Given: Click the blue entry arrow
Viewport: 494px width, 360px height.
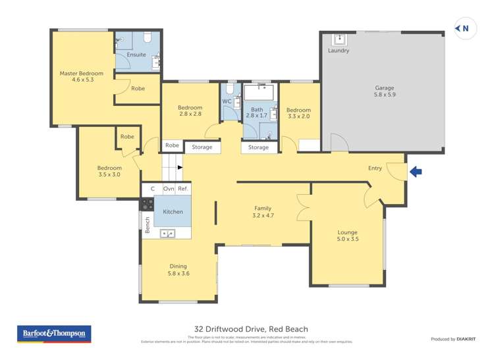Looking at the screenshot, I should (416, 172).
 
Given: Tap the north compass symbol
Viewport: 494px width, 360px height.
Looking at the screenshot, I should (464, 28).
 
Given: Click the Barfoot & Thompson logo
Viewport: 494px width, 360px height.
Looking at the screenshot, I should (54, 334).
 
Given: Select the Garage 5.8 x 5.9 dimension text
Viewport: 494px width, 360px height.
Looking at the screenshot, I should (385, 95).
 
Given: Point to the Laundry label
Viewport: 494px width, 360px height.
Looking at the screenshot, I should (339, 51).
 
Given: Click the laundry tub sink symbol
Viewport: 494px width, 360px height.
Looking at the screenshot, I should (339, 38).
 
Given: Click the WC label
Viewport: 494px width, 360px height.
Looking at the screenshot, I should (226, 101).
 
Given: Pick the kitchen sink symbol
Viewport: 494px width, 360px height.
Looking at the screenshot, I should (167, 233).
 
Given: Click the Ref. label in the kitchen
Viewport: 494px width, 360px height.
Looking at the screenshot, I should (183, 189).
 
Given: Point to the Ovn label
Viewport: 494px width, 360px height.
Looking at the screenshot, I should (168, 189).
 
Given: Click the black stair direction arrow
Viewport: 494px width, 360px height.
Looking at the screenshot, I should (180, 167).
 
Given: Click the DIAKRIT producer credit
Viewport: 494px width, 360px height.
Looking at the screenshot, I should (469, 339).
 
